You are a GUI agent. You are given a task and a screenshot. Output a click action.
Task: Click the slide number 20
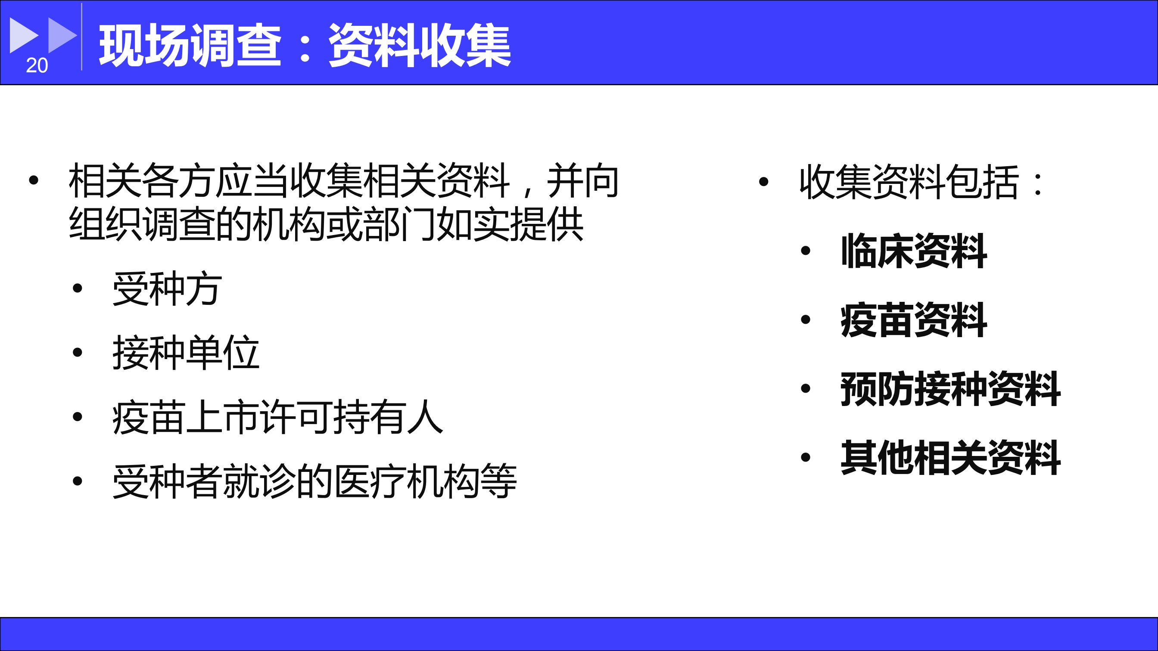pyautogui.click(x=37, y=65)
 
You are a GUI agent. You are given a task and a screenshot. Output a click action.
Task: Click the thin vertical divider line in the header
pyautogui.click(x=81, y=37)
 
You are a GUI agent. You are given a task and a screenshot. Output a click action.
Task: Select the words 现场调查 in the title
pyautogui.click(x=190, y=45)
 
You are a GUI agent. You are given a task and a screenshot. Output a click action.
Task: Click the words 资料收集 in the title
pyautogui.click(x=420, y=45)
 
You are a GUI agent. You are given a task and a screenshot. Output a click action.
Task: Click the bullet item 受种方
pyautogui.click(x=167, y=288)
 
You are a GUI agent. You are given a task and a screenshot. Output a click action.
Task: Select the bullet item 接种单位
pyautogui.click(x=186, y=353)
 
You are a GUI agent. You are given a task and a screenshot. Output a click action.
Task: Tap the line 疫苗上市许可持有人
pyautogui.click(x=278, y=417)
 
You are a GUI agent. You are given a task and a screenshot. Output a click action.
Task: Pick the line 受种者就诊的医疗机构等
pyautogui.click(x=314, y=481)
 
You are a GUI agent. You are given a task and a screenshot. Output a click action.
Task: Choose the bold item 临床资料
pyautogui.click(x=914, y=251)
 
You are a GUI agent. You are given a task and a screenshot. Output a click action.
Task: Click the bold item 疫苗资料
pyautogui.click(x=914, y=320)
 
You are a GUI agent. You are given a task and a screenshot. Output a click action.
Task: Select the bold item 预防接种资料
pyautogui.click(x=951, y=389)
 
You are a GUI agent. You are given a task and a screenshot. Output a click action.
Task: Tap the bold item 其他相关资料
pyautogui.click(x=951, y=458)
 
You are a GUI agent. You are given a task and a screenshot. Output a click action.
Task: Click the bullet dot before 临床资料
pyautogui.click(x=806, y=251)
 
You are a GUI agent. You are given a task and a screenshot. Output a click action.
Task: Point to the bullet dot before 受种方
pyautogui.click(x=77, y=288)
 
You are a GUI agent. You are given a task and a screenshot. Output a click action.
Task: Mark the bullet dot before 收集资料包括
pyautogui.click(x=763, y=182)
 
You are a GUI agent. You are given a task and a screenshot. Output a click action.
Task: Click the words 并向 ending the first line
pyautogui.click(x=582, y=180)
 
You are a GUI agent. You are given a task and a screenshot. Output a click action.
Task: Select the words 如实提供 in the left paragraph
pyautogui.click(x=510, y=224)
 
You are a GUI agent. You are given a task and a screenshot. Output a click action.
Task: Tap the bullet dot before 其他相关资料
pyautogui.click(x=806, y=457)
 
